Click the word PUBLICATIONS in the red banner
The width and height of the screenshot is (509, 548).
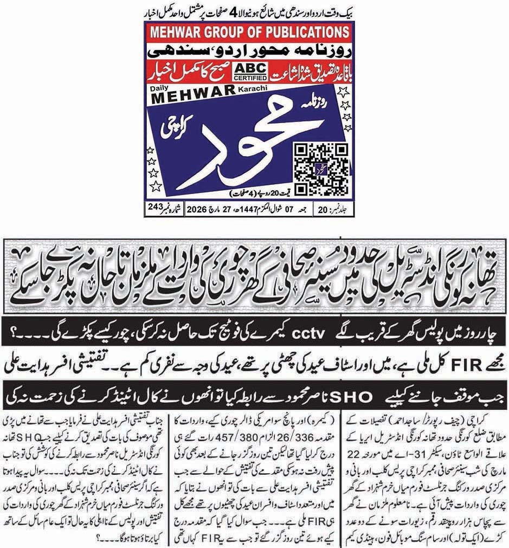[x=293, y=32]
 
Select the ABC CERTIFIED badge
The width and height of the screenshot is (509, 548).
[x=246, y=72]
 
